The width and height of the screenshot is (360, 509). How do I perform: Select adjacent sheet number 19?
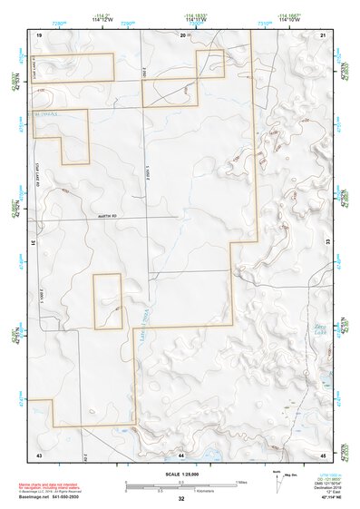coord(39,34)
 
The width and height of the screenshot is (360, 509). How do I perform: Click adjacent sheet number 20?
coord(181,34)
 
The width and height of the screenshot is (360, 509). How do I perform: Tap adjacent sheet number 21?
coord(324,34)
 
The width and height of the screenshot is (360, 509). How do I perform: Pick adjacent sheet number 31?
coord(34,243)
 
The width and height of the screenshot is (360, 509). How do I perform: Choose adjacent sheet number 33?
coord(328,243)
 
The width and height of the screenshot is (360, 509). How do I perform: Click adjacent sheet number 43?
coord(39,453)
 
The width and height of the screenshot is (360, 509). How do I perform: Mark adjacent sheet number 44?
coord(181,453)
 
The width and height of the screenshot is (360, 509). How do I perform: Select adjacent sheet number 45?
coord(324,453)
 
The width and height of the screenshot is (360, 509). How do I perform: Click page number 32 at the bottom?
coord(181,500)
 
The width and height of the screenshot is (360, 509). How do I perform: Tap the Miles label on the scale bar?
coord(240,482)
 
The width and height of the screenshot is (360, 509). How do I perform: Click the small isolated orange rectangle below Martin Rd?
coord(108,301)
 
